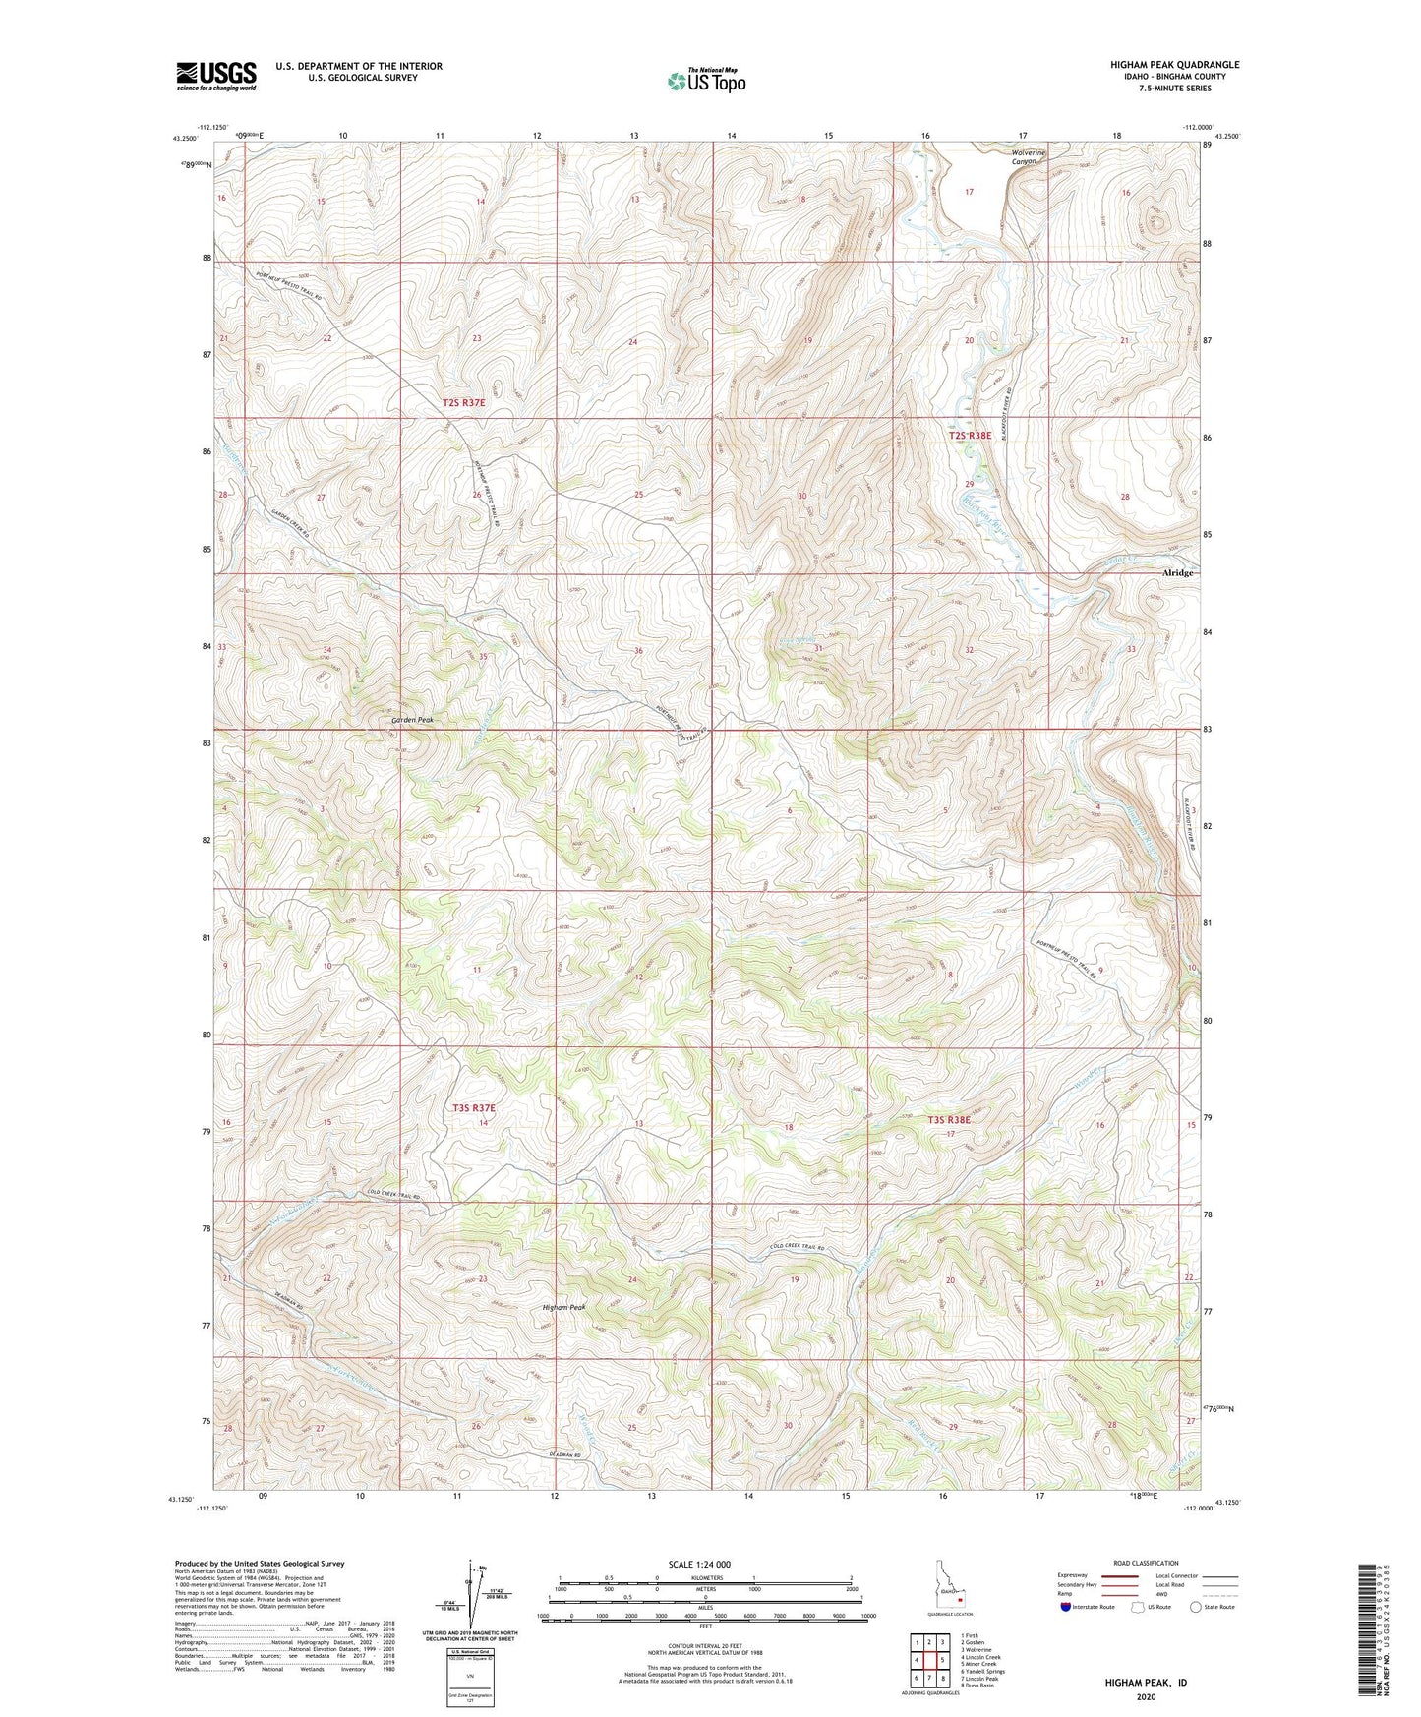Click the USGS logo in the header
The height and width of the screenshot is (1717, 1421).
tap(216, 76)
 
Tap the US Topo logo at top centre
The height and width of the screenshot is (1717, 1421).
tap(705, 81)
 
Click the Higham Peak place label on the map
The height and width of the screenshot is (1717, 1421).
tap(563, 1307)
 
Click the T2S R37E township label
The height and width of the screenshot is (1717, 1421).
tap(463, 403)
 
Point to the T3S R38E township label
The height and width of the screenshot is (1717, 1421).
tap(949, 1120)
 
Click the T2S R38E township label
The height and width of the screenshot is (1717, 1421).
tap(970, 435)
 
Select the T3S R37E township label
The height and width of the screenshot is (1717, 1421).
tap(474, 1108)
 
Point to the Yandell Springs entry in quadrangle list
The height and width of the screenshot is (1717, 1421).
tap(982, 1671)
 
